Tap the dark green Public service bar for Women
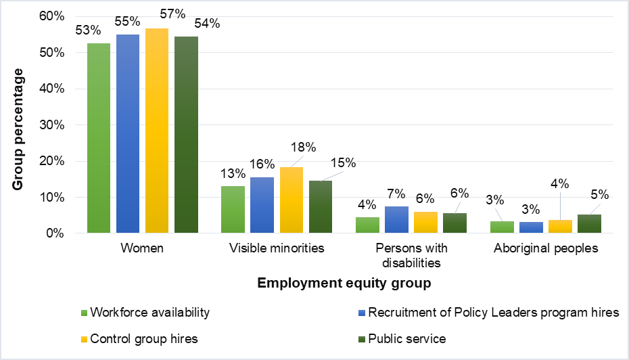pyautogui.click(x=186, y=135)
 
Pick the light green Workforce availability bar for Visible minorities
pyautogui.click(x=233, y=209)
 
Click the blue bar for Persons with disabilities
pyautogui.click(x=396, y=219)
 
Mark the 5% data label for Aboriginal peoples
pyautogui.click(x=599, y=195)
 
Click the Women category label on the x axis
pyautogui.click(x=142, y=248)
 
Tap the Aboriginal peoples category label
pyautogui.click(x=546, y=248)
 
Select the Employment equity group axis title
pyautogui.click(x=344, y=282)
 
